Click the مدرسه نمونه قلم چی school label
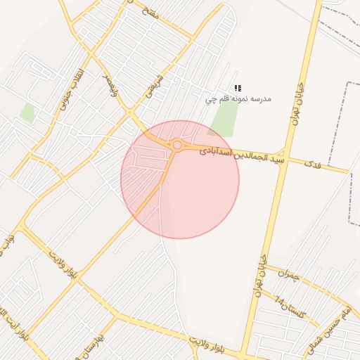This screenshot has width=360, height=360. pos(238,99)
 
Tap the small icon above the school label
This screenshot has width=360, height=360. pos(238,89)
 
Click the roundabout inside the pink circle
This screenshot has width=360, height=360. pos(177,146)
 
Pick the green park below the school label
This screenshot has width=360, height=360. pos(223,121)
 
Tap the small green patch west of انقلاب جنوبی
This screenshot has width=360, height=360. pos(27,112)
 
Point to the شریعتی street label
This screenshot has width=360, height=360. pos(153,86)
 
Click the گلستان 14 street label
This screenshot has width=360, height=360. pos(290,308)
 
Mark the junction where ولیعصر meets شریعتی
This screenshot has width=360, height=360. pos(129,112)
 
